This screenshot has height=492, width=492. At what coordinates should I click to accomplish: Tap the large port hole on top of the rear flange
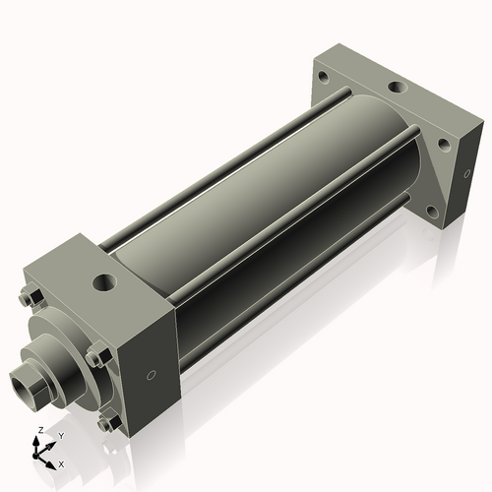[x=397, y=89]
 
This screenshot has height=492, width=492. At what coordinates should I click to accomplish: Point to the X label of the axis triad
[x=61, y=462]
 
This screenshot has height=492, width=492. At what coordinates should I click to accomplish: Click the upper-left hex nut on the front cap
[x=31, y=299]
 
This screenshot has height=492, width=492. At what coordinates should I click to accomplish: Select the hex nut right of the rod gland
[x=93, y=358]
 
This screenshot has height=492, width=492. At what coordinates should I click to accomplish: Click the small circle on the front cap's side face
[x=150, y=376]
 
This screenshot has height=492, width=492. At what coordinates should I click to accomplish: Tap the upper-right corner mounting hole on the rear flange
[x=444, y=144]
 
